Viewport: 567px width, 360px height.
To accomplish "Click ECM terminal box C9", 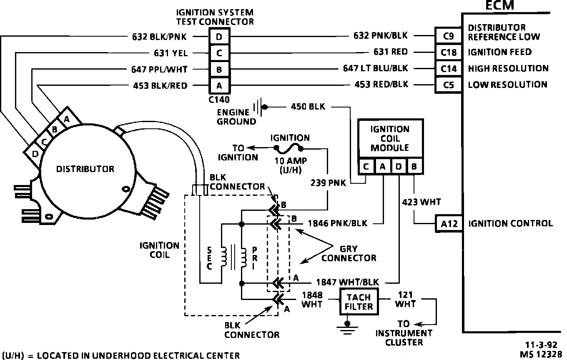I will coord(449,36).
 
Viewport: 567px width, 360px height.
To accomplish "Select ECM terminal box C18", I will coord(449,52).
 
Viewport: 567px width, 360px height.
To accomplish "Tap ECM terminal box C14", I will coord(449,69).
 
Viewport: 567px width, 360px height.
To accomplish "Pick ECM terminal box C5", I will coord(449,85).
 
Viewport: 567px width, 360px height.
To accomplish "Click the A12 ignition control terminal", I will coord(449,224).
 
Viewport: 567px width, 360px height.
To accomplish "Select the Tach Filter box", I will coord(359,302).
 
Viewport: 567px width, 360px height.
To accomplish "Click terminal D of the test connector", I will coord(219,37).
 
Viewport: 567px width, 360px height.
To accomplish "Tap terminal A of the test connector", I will coord(219,86).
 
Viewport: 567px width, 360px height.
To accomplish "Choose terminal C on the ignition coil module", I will coord(366,167).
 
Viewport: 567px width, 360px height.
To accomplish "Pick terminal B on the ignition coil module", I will coord(414,167).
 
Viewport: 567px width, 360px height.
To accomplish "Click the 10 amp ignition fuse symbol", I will coord(288,148).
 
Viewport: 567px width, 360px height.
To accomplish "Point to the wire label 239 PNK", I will coord(328,183).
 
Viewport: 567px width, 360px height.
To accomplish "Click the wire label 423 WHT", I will coord(421,202).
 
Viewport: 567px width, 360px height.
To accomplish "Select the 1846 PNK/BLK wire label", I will coord(337,224).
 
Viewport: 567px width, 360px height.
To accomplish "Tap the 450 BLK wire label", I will coord(308,107).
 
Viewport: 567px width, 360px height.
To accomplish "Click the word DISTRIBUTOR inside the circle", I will coord(85,169).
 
